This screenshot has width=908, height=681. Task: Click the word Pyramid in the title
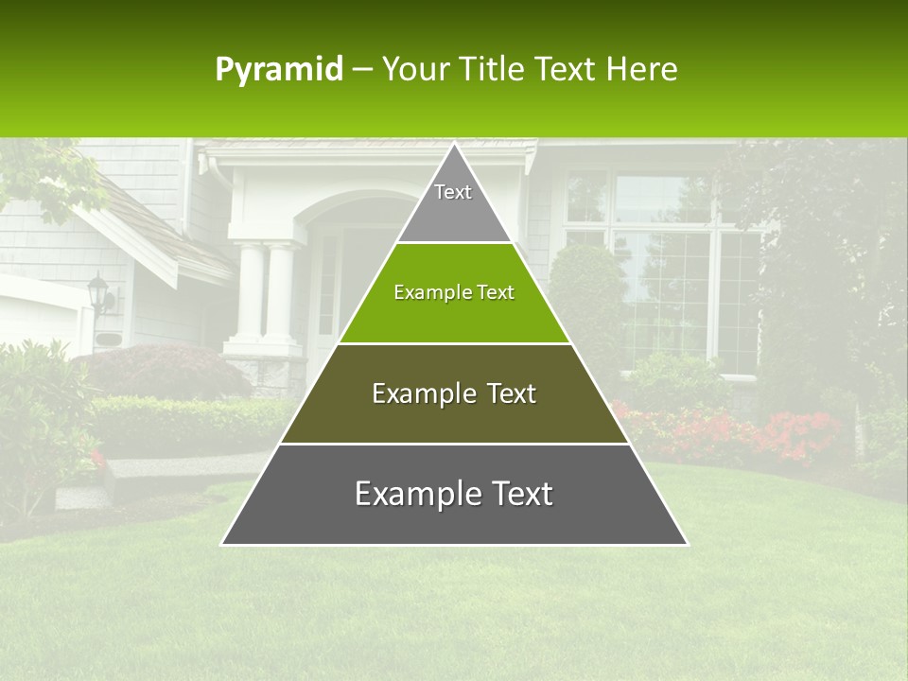click(278, 70)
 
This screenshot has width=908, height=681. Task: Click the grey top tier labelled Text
click(454, 204)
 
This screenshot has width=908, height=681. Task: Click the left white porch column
click(248, 293)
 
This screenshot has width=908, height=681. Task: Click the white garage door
click(38, 317)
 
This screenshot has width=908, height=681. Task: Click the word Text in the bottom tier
click(516, 494)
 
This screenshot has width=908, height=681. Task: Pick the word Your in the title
click(412, 70)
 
